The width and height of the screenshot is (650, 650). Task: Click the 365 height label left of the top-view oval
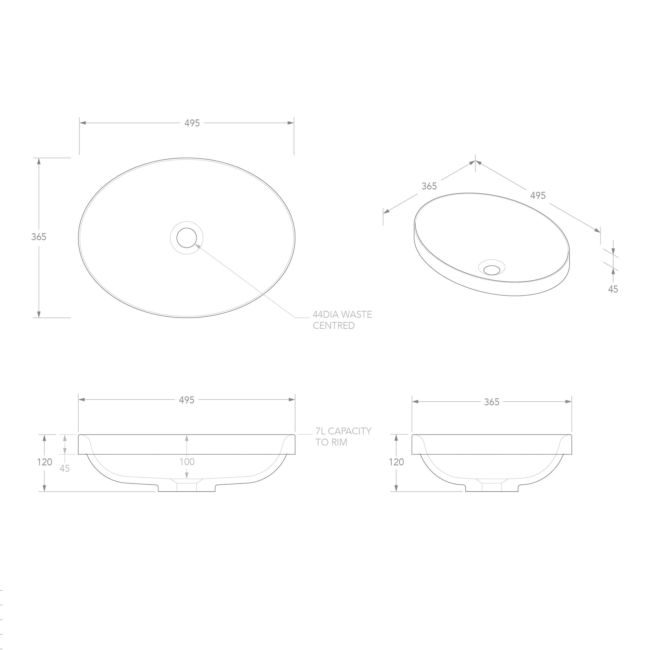(39, 237)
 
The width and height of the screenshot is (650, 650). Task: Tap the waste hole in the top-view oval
(186, 238)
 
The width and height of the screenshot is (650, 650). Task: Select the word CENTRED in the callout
(334, 326)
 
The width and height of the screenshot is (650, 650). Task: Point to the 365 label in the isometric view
(429, 186)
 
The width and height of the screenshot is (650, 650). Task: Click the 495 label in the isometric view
(538, 196)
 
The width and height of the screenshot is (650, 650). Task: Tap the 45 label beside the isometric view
(613, 289)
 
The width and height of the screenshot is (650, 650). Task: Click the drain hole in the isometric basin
(492, 269)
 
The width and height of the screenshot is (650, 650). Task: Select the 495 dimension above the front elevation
(187, 400)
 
